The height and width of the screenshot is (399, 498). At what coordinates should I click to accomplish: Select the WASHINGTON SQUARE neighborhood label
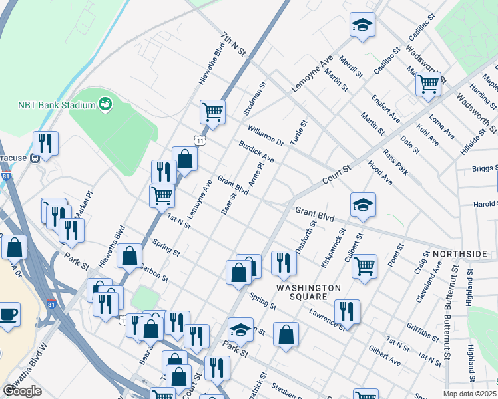point(308,292)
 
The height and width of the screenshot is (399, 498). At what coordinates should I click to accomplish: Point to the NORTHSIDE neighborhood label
point(459,255)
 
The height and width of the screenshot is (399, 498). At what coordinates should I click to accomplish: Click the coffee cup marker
point(9,314)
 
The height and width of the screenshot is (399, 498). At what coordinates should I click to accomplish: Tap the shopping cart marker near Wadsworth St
point(428,84)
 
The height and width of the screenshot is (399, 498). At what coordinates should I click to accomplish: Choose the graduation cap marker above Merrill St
point(362,26)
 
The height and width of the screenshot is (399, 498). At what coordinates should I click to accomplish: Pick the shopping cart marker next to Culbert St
point(364,266)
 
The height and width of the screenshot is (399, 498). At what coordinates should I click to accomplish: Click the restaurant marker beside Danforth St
point(284,263)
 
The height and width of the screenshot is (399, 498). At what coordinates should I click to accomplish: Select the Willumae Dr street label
point(266,135)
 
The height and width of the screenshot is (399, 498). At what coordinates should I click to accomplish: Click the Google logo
point(22,390)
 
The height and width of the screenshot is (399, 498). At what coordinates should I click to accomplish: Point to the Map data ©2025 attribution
point(469,394)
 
